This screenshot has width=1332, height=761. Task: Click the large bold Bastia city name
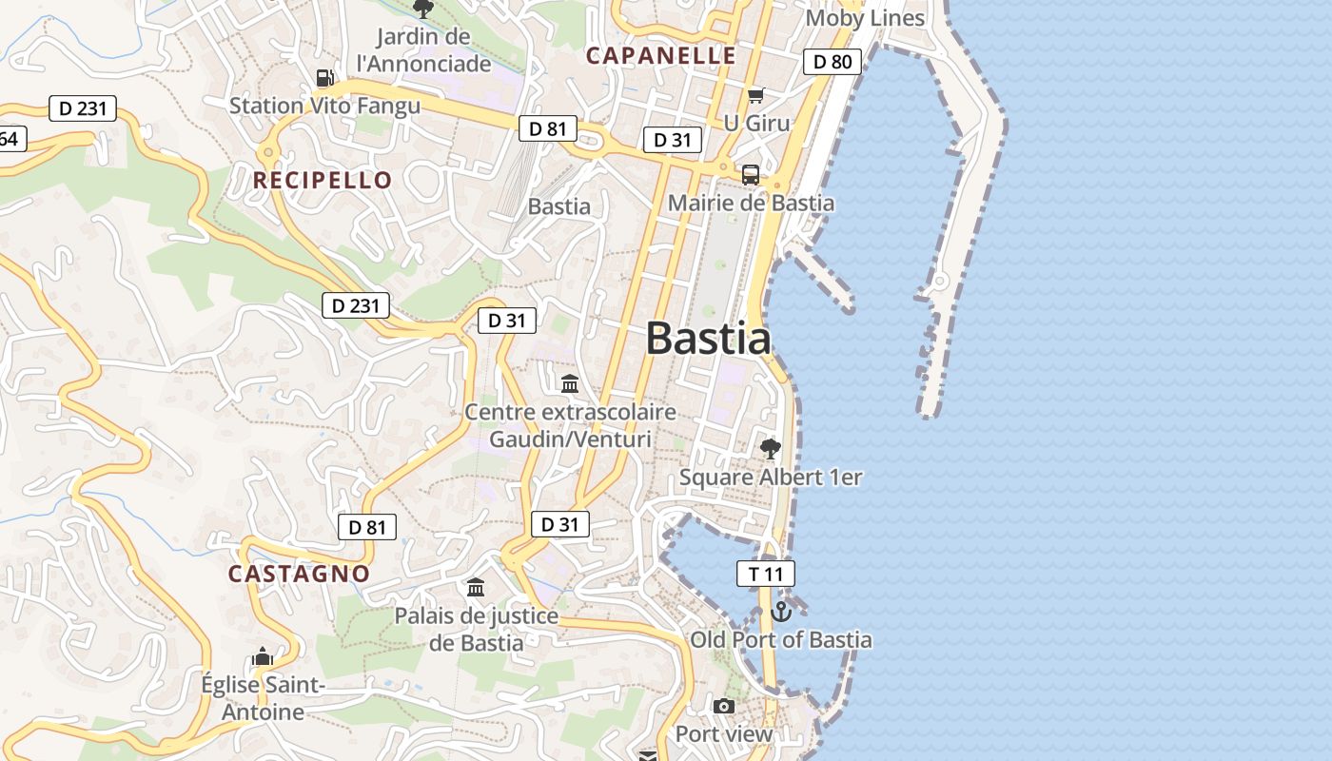point(708,339)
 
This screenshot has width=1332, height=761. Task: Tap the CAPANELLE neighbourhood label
point(661,55)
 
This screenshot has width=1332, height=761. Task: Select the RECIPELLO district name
point(323,180)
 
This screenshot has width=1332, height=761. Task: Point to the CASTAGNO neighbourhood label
point(299,574)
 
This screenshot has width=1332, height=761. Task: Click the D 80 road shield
point(832,62)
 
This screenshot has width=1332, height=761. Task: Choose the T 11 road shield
point(765,574)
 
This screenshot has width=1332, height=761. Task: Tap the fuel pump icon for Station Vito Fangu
point(325,78)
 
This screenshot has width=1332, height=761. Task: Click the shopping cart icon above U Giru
point(755,95)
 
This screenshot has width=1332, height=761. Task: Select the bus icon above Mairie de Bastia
point(751,175)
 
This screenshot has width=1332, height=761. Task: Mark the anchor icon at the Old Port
point(781,612)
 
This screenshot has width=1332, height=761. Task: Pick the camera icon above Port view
point(724,707)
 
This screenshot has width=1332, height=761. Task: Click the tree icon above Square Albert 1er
point(770,448)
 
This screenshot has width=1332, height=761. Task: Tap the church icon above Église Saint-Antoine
point(263,656)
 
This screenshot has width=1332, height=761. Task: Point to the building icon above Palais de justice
point(476,587)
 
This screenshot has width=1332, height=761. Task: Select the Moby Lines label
point(864,18)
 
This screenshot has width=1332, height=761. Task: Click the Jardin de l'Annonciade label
point(423,50)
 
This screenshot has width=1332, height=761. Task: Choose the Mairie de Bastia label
point(751,203)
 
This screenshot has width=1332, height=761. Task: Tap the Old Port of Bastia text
point(780,639)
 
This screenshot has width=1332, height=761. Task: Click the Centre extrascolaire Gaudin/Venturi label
point(570,425)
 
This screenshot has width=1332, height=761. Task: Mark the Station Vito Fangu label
point(324,106)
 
